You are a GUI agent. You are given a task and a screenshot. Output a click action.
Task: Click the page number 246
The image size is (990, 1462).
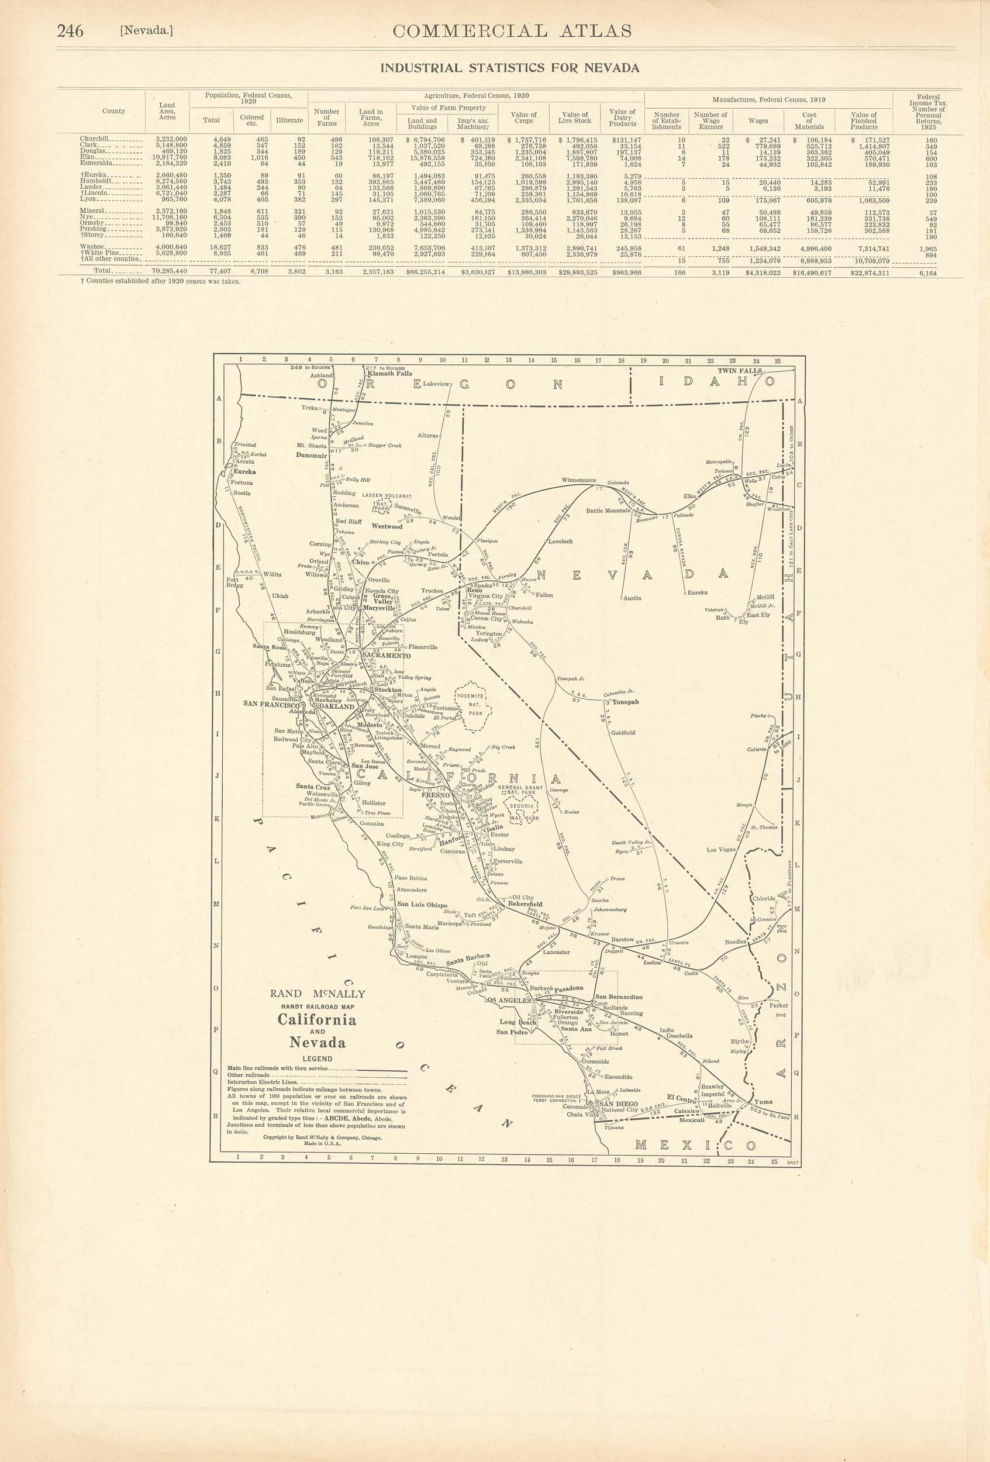click(x=70, y=31)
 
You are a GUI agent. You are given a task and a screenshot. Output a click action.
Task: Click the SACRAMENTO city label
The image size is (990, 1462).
click(x=385, y=656)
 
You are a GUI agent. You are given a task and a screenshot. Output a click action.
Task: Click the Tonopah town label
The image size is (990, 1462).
click(x=625, y=701)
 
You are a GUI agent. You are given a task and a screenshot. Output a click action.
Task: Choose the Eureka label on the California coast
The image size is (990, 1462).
click(x=244, y=471)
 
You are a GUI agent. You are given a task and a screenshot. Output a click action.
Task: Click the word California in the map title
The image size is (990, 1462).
click(x=317, y=1020)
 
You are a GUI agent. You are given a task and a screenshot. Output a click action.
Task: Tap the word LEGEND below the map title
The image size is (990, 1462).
click(x=317, y=1058)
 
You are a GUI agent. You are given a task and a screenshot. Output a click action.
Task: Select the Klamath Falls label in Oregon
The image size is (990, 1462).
click(x=389, y=374)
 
